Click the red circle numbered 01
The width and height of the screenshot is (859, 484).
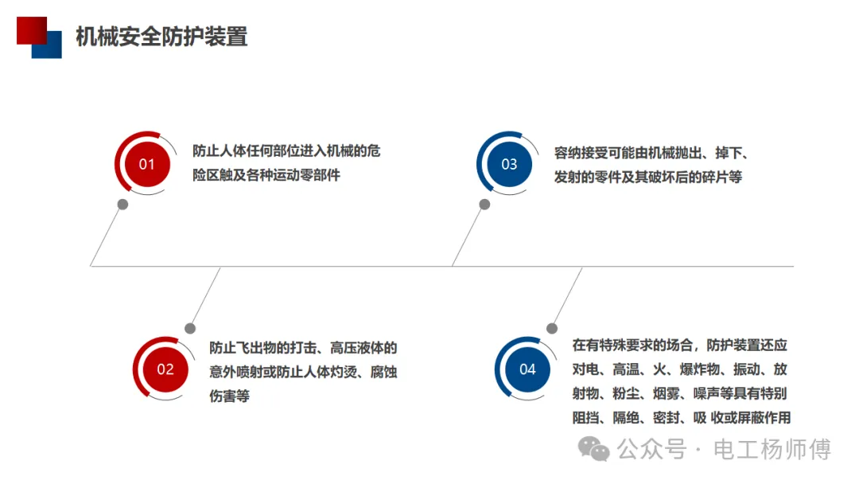pyautogui.click(x=146, y=164)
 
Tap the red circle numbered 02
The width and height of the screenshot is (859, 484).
pyautogui.click(x=165, y=369)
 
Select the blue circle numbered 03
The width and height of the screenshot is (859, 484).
pyautogui.click(x=509, y=164)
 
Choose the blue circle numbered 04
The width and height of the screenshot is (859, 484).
pyautogui.click(x=527, y=369)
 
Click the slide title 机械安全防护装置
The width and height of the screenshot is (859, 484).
pyautogui.click(x=161, y=37)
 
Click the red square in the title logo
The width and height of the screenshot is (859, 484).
pyautogui.click(x=30, y=29)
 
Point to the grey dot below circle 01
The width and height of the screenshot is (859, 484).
pyautogui.click(x=122, y=205)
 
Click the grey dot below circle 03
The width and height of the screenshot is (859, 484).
pyautogui.click(x=484, y=205)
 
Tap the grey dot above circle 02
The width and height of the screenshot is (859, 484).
pyautogui.click(x=190, y=328)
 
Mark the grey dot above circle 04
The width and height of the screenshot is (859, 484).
pyautogui.click(x=552, y=328)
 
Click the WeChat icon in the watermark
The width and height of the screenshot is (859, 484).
pyautogui.click(x=593, y=449)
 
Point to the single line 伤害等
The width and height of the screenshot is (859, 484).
pyautogui.click(x=230, y=396)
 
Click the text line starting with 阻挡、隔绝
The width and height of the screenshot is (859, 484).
pyautogui.click(x=681, y=418)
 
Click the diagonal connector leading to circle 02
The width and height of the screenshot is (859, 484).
pyautogui.click(x=205, y=297)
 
